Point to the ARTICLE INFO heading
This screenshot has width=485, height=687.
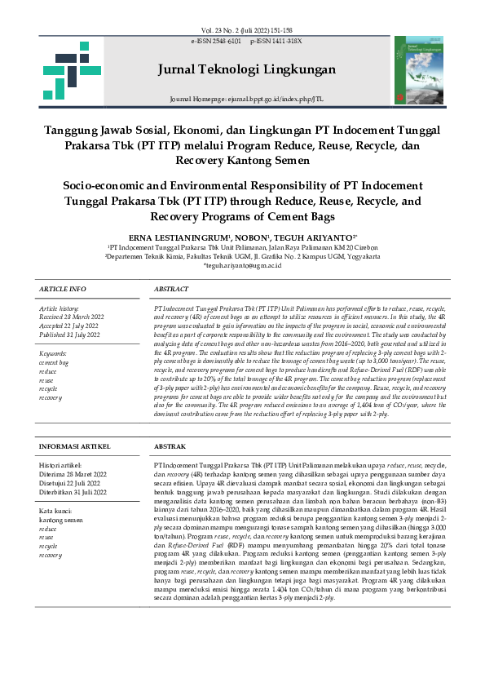point(63,290)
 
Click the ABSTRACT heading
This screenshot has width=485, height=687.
point(171,290)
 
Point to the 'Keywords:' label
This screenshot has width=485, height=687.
point(53,352)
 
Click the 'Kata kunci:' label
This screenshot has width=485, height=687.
point(55,510)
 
